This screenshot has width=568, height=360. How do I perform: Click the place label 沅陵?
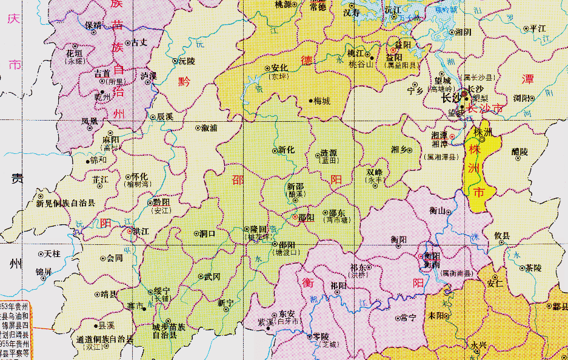187,61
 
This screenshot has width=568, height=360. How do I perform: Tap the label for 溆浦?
210,128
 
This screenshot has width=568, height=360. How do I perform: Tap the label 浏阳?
522,97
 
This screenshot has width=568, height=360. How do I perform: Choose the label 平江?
538,28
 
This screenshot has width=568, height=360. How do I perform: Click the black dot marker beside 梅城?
311,101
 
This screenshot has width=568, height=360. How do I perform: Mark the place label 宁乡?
415,91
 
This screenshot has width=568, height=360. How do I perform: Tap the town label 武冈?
212,276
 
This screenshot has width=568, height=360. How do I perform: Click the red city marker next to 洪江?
129,231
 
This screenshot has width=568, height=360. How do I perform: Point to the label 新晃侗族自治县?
65,204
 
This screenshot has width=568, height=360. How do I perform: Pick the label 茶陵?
533,267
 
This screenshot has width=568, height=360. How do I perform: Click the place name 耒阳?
435,316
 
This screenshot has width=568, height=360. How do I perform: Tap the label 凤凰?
89,121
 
